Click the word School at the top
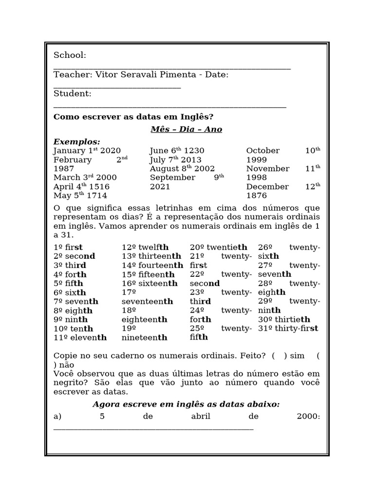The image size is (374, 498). [70, 55]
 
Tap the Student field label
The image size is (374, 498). [72, 93]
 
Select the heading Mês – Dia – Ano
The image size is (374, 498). [187, 129]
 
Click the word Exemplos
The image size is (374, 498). [76, 142]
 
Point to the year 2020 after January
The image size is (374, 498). [111, 151]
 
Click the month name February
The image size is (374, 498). [73, 160]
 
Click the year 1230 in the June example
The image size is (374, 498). [194, 151]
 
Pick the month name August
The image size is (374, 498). [164, 169]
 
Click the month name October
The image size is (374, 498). [263, 151]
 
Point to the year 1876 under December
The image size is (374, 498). [257, 196]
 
